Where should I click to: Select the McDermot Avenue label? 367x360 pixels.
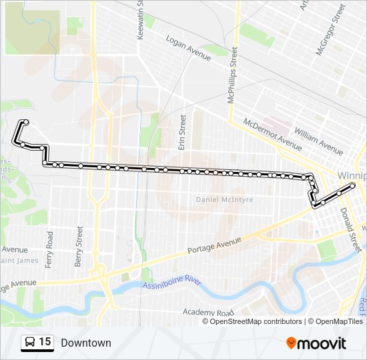(x=272, y=134)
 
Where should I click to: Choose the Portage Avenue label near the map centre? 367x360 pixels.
(x=214, y=245)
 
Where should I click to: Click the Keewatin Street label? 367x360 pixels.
(x=140, y=20)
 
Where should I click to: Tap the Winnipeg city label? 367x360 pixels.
(x=352, y=175)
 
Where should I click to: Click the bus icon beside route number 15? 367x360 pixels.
(x=30, y=343)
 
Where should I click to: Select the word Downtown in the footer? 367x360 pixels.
(x=85, y=343)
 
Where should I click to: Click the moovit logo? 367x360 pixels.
(x=316, y=343)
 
